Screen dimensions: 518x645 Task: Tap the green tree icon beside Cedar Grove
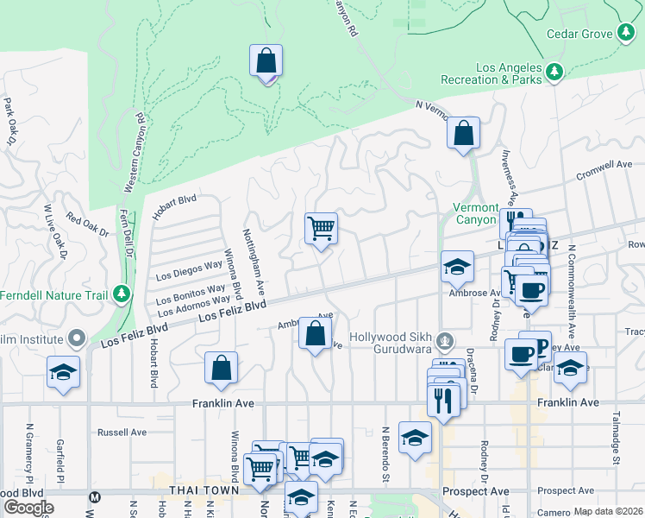tap(626, 35)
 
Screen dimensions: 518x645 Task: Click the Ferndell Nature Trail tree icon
tap(122, 294)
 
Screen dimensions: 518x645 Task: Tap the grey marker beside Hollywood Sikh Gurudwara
tap(445, 341)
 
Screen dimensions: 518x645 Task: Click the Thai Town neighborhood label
tap(204, 490)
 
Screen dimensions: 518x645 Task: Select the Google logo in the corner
tap(28, 507)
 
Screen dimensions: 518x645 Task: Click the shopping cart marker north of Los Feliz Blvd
tap(321, 230)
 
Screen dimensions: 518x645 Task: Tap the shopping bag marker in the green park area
tap(266, 62)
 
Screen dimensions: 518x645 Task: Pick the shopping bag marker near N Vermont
tap(463, 134)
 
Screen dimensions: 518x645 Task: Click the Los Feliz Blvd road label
tap(232, 312)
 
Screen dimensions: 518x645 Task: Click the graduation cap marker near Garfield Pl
tap(63, 372)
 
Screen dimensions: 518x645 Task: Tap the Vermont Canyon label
tap(476, 213)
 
